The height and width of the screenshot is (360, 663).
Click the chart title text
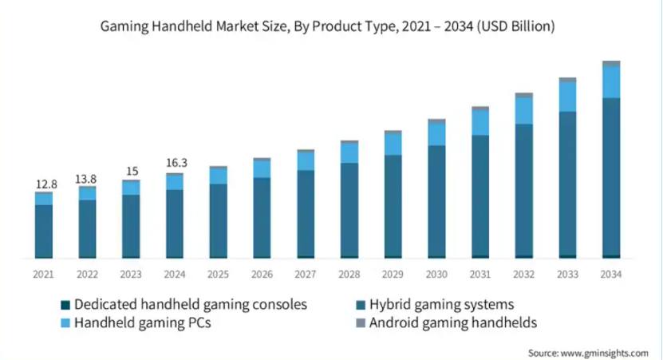tap(327, 26)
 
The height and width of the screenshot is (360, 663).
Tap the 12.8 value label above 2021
tap(46, 184)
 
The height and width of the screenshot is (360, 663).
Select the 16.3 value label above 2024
tap(176, 163)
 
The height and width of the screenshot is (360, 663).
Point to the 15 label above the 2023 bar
tap(132, 172)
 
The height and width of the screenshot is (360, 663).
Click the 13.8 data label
tap(86, 180)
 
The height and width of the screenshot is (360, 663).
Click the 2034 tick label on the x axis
tap(611, 275)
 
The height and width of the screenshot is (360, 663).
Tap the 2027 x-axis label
tap(306, 275)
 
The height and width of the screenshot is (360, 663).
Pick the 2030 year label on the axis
tap(436, 275)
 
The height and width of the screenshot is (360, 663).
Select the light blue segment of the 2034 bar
tap(611, 82)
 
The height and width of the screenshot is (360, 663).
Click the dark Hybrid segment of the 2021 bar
tap(44, 231)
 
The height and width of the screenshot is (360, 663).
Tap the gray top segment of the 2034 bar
tap(611, 63)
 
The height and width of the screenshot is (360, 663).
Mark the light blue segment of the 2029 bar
tap(393, 144)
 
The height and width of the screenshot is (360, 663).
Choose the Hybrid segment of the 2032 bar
tap(524, 190)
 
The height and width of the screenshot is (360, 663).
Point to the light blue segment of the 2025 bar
tap(218, 176)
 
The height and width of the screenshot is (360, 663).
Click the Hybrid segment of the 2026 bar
tap(262, 217)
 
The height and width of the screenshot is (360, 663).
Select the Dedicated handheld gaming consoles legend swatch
tap(65, 305)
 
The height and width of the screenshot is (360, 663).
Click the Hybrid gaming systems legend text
tap(441, 305)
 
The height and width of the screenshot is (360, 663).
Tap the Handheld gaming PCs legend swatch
tap(65, 323)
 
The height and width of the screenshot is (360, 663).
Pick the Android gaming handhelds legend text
tap(453, 323)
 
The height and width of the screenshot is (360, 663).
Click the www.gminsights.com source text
tap(604, 353)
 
